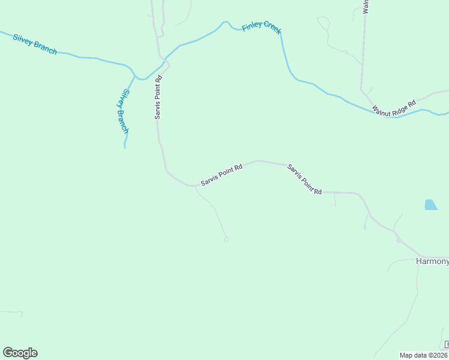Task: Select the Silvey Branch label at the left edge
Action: tap(35, 44)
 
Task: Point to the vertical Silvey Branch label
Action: tap(122, 112)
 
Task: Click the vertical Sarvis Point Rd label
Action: tap(158, 97)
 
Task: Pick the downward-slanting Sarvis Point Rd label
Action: tap(304, 179)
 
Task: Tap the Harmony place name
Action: tap(432, 262)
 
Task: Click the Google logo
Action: tap(20, 353)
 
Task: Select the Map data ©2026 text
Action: tap(423, 355)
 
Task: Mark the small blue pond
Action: tap(430, 205)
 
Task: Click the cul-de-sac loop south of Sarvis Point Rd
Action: tap(226, 239)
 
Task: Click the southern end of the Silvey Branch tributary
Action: tap(125, 146)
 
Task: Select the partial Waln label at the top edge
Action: tap(364, 7)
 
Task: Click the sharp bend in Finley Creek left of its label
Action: tap(225, 22)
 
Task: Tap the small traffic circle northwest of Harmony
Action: tap(398, 240)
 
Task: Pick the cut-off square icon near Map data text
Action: tap(447, 344)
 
